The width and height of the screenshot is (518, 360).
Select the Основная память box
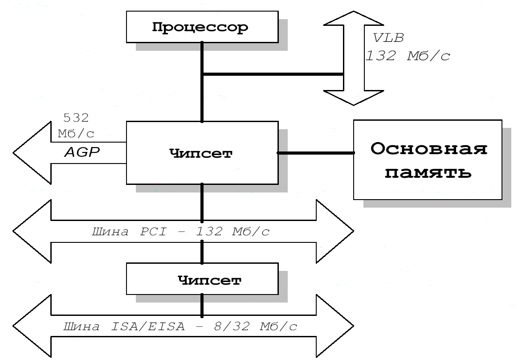(427, 159)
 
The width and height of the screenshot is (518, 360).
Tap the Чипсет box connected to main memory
(201, 153)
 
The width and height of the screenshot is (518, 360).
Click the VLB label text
(388, 38)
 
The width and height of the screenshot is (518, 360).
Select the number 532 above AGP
(76, 118)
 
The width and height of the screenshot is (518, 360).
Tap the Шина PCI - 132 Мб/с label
(180, 232)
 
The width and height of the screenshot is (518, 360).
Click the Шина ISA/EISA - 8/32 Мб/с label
(180, 327)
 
